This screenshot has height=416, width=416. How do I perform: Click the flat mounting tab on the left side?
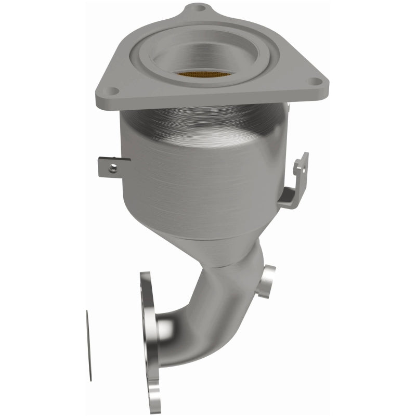click(112, 166)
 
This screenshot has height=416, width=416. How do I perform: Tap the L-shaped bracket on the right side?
click(297, 179)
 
